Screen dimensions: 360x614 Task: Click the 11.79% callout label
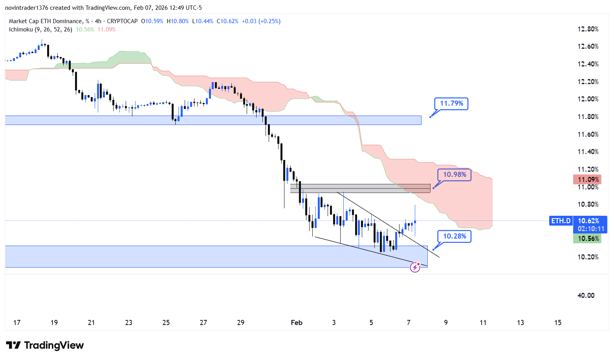pyautogui.click(x=451, y=103)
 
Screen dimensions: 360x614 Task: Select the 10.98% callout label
pyautogui.click(x=454, y=174)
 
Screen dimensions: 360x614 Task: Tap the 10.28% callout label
pyautogui.click(x=455, y=236)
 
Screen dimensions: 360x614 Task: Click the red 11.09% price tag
pyautogui.click(x=587, y=180)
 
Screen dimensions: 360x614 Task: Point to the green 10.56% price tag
pyautogui.click(x=587, y=239)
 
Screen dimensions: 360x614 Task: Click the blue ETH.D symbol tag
pyautogui.click(x=561, y=221)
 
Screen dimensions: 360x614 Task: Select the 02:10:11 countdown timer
pyautogui.click(x=590, y=229)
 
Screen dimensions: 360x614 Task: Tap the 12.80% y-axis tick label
pyautogui.click(x=588, y=29)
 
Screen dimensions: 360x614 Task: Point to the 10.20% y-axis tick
pyautogui.click(x=588, y=257)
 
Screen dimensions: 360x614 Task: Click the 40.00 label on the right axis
pyautogui.click(x=586, y=296)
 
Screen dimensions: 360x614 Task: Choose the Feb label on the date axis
pyautogui.click(x=297, y=323)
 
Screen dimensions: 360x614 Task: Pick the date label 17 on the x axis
pyautogui.click(x=17, y=323)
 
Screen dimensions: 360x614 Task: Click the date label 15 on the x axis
pyautogui.click(x=557, y=323)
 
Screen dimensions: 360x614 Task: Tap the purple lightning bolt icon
pyautogui.click(x=415, y=268)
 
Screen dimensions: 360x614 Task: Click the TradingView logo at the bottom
pyautogui.click(x=45, y=345)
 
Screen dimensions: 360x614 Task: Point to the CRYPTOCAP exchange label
pyautogui.click(x=122, y=21)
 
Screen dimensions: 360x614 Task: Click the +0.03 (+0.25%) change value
pyautogui.click(x=261, y=21)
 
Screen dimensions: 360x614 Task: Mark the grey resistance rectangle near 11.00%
pyautogui.click(x=360, y=189)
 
